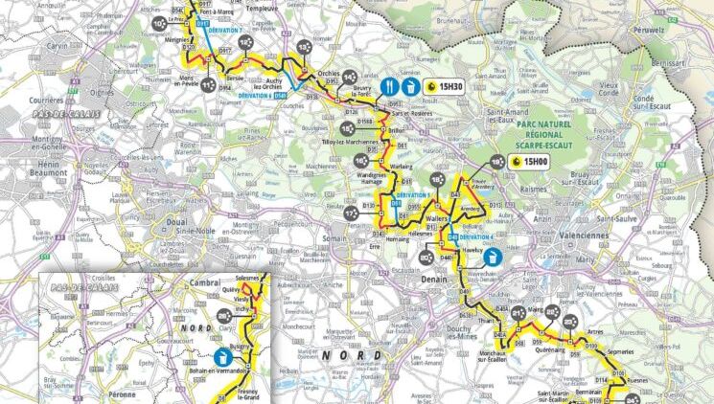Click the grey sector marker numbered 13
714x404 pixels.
[305, 47]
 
